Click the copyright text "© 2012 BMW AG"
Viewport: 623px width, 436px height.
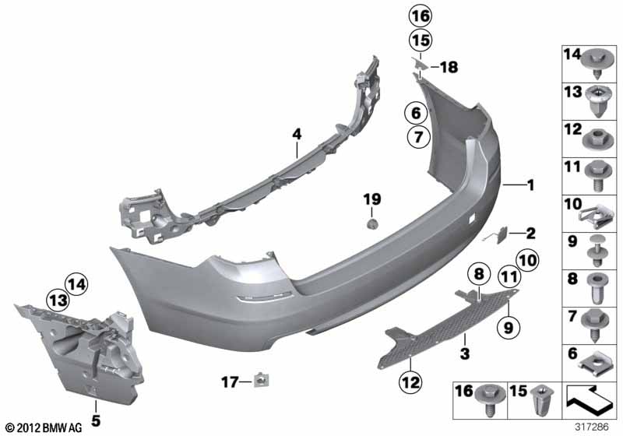click(x=44, y=427)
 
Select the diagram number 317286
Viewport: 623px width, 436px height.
click(x=598, y=427)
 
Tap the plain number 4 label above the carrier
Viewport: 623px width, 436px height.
click(x=296, y=135)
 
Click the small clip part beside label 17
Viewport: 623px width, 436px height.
click(x=260, y=380)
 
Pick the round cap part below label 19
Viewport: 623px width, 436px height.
click(x=372, y=224)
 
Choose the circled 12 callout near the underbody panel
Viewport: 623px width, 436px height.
click(x=410, y=381)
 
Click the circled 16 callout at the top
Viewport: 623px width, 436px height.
click(x=421, y=16)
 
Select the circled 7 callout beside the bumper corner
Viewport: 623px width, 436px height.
click(x=416, y=138)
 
